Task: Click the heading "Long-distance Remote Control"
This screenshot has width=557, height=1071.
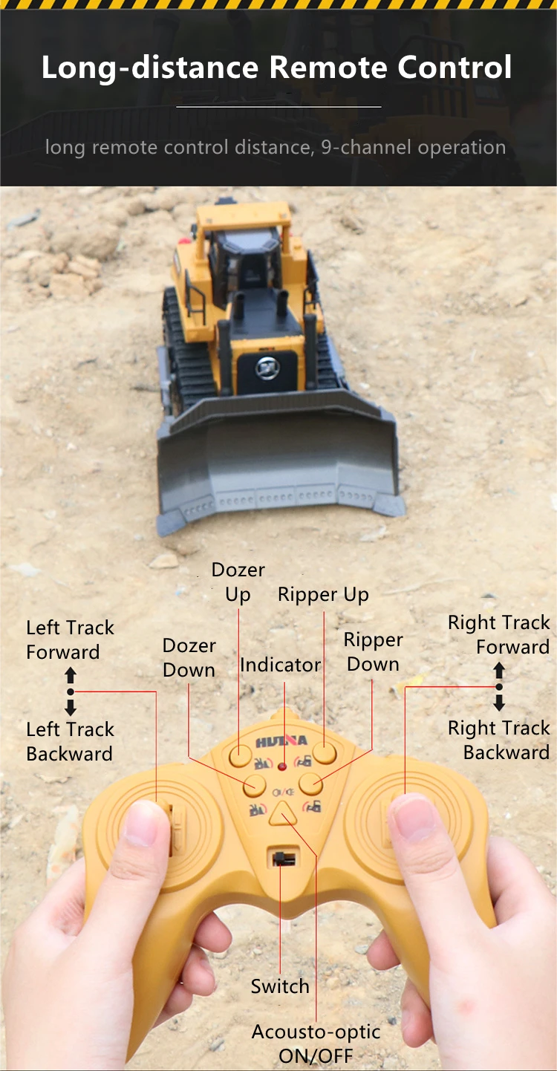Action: tap(276, 68)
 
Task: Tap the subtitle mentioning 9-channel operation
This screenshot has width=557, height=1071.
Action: tap(276, 147)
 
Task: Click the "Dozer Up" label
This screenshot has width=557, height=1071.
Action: tap(238, 582)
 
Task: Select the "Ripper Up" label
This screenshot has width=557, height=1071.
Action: tap(323, 595)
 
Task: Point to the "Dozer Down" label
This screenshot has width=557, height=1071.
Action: tap(189, 658)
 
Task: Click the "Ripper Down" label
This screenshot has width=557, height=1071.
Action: tap(373, 652)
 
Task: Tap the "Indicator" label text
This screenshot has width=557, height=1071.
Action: tap(280, 665)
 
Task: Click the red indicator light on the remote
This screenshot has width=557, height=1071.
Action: tap(284, 765)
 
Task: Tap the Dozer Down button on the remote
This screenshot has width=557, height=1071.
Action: tap(255, 784)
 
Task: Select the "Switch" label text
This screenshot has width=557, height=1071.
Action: tap(279, 986)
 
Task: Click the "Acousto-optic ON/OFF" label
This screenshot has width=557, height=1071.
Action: tap(316, 1043)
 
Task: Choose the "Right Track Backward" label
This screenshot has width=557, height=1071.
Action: tap(498, 740)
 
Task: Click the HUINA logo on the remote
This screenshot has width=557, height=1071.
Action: tap(281, 741)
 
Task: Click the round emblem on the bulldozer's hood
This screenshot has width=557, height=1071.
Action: tap(267, 368)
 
